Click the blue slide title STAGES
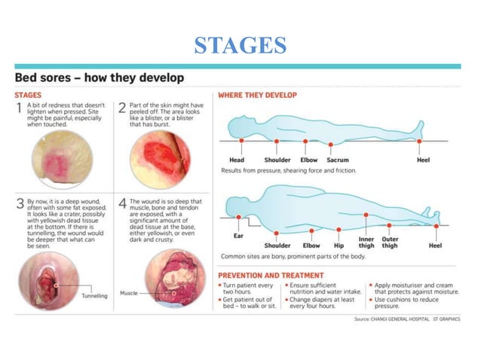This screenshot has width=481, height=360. [x=240, y=45]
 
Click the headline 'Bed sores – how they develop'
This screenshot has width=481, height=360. [x=99, y=78]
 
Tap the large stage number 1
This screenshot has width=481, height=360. [x=20, y=109]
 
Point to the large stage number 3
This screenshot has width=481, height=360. [x=20, y=204]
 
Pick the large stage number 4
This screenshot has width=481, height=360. [x=122, y=204]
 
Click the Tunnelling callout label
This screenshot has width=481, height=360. [x=95, y=296]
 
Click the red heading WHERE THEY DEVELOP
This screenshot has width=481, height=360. [x=257, y=96]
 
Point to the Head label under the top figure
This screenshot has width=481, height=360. [x=237, y=160]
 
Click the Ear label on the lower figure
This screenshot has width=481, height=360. [x=238, y=236]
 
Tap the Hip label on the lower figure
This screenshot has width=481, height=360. [x=339, y=246]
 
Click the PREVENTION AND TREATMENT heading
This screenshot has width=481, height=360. [x=271, y=276]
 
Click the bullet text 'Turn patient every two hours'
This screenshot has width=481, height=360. [x=248, y=289]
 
